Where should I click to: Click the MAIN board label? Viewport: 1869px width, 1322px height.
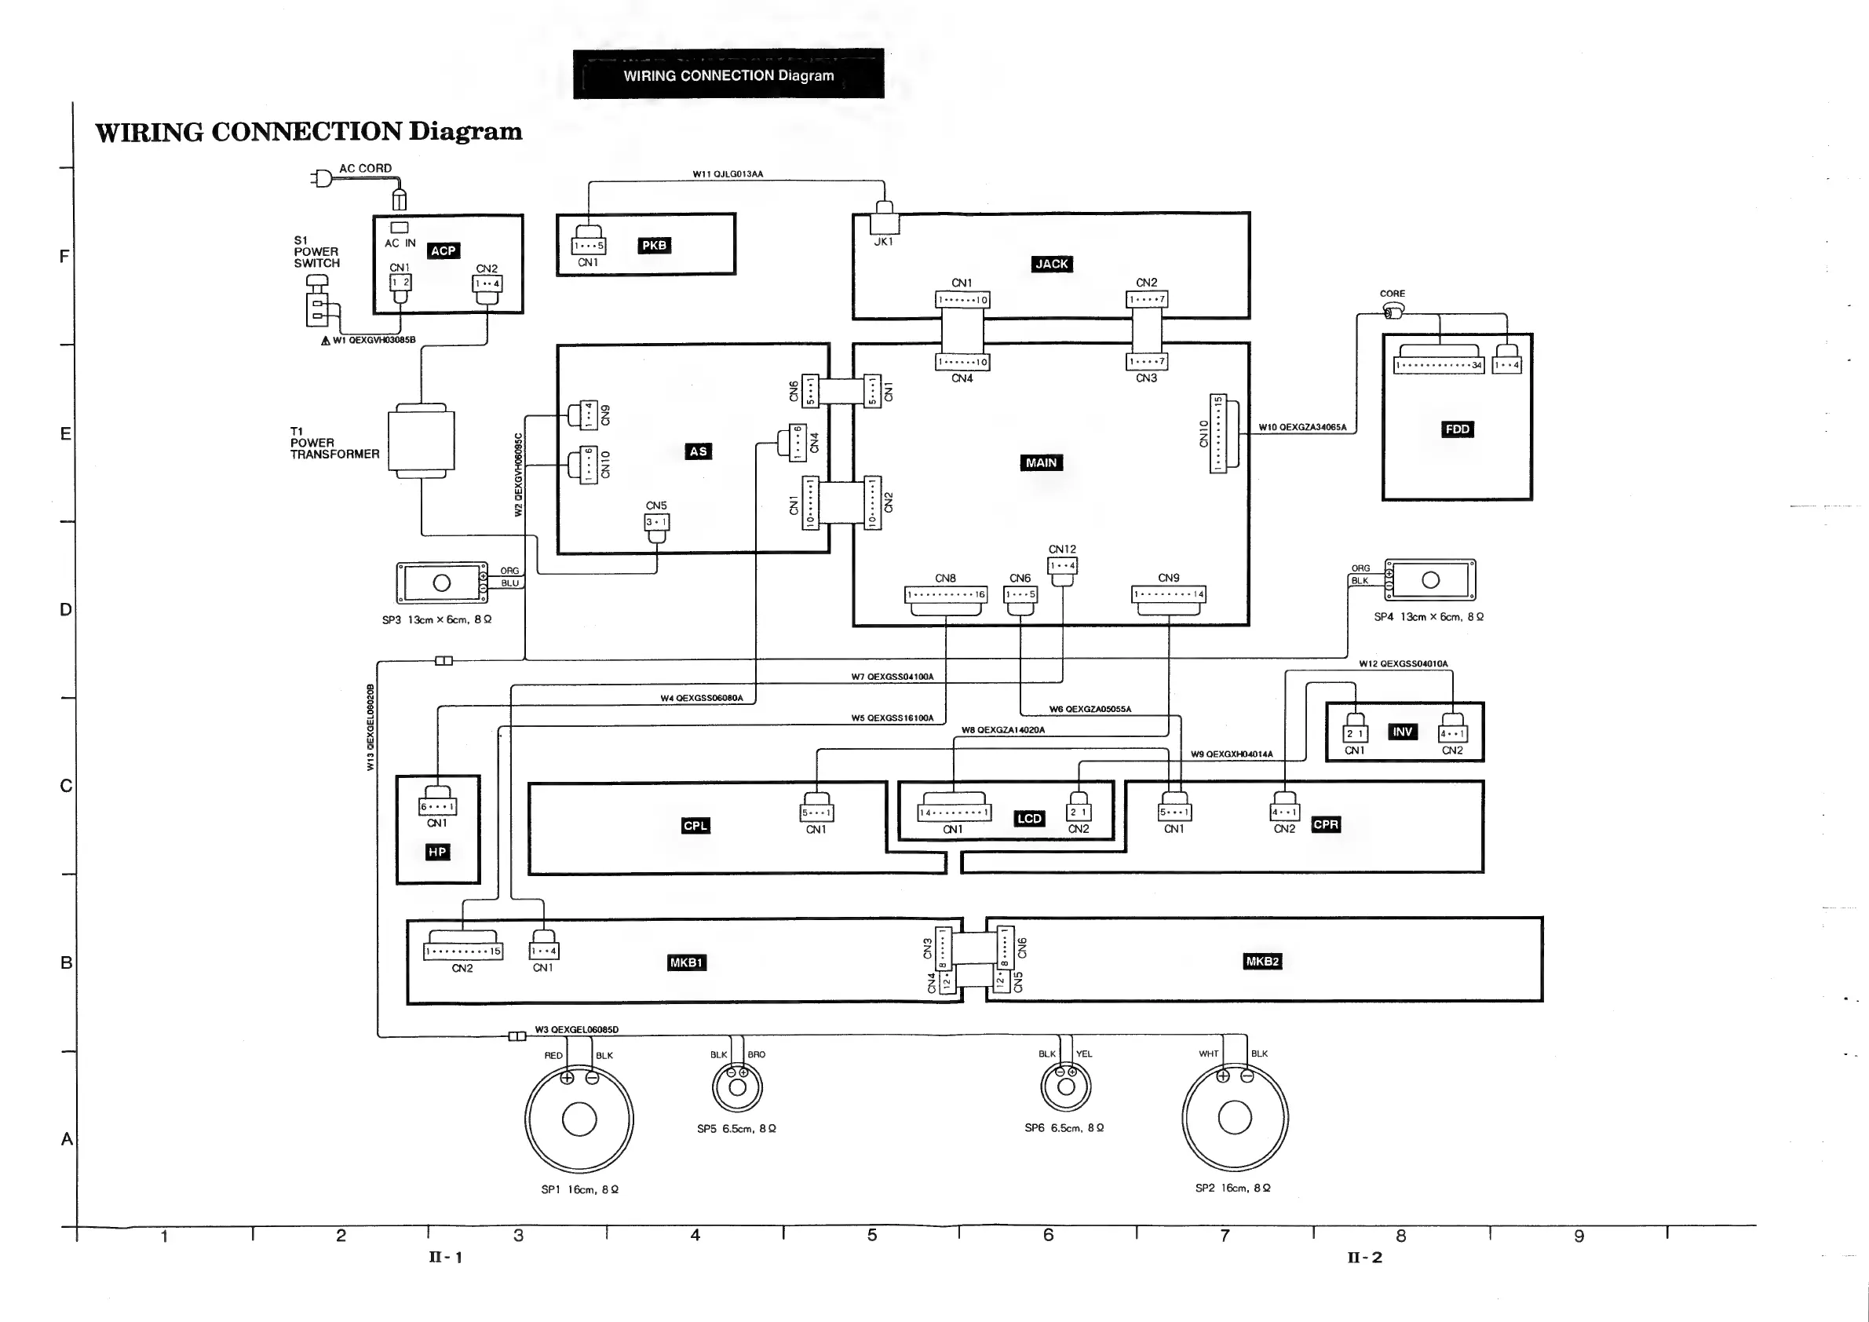click(x=1041, y=462)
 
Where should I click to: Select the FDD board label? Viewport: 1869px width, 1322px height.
click(x=1457, y=429)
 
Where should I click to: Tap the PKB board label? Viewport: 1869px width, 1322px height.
click(x=655, y=245)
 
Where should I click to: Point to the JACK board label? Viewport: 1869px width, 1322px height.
click(x=1052, y=264)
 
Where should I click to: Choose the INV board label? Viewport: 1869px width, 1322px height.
click(x=1402, y=732)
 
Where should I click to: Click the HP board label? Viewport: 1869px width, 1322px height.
click(x=438, y=852)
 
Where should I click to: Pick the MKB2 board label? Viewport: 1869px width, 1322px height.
click(x=1262, y=962)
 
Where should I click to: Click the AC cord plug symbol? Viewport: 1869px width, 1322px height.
click(x=323, y=178)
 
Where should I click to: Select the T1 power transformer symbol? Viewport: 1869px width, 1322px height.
click(x=421, y=440)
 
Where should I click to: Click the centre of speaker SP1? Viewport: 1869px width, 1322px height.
click(x=579, y=1119)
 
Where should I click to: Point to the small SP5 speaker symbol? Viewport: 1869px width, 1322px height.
click(x=738, y=1086)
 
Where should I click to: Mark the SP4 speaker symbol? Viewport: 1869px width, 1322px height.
click(x=1430, y=579)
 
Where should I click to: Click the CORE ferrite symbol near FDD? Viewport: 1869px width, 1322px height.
click(x=1393, y=310)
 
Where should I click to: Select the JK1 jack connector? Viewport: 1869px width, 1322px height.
click(x=884, y=221)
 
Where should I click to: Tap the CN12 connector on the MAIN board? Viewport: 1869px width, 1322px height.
click(x=1062, y=566)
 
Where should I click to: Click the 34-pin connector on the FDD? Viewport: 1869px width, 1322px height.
click(x=1439, y=366)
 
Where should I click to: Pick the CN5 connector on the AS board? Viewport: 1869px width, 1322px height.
click(x=657, y=523)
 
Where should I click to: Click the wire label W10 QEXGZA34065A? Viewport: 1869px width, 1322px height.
click(x=1302, y=427)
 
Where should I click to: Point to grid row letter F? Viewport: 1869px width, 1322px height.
click(x=64, y=257)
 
